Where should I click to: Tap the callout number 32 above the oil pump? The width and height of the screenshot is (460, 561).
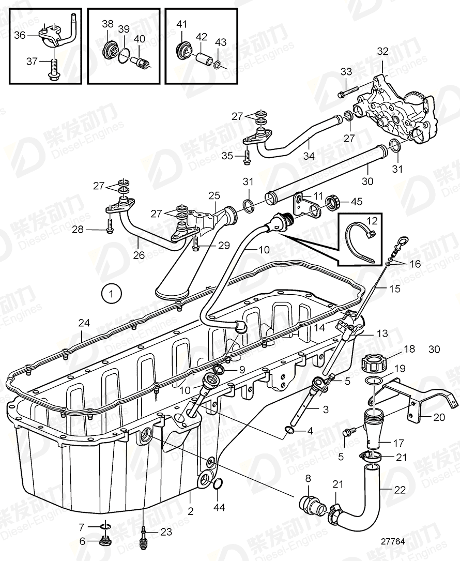(x=382, y=51)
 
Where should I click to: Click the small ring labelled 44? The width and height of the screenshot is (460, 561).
(x=218, y=483)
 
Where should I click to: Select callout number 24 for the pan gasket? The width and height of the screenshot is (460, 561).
(x=84, y=324)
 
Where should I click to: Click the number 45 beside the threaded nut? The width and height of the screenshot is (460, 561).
(x=357, y=202)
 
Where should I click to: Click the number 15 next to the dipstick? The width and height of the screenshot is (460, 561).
(x=395, y=289)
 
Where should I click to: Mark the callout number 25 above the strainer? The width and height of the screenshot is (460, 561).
(x=214, y=196)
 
